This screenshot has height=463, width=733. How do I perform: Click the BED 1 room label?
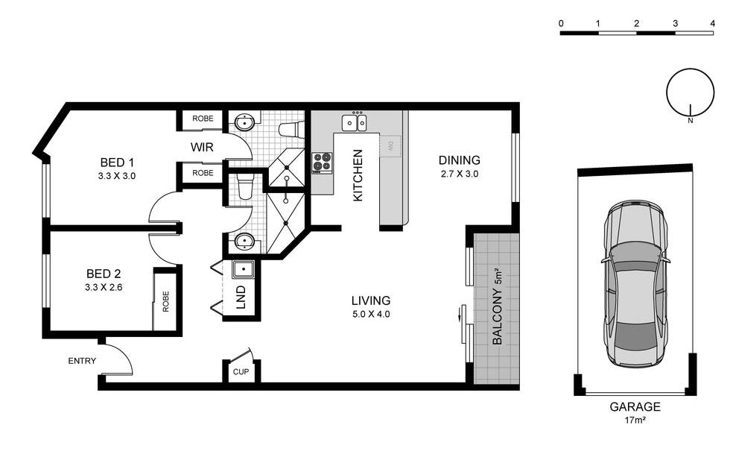(x=117, y=163)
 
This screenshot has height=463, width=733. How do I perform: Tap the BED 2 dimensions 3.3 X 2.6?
(x=104, y=288)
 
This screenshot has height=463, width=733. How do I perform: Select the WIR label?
(x=202, y=148)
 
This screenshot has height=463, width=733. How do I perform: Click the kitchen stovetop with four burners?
(x=322, y=163)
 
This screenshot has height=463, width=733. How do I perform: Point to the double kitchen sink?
(x=355, y=123)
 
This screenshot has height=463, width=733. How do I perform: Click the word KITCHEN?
(x=358, y=175)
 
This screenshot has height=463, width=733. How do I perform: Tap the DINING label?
(x=459, y=160)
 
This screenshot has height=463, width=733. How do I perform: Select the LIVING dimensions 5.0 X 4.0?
(x=371, y=315)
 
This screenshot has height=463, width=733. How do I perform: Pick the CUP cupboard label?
(x=241, y=372)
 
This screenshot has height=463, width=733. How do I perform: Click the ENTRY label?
(x=82, y=361)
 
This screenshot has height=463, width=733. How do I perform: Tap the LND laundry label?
(x=241, y=297)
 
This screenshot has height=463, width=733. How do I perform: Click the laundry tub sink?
(x=243, y=269)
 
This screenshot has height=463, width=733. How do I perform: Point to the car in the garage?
(x=635, y=284)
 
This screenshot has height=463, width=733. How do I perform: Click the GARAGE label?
(x=635, y=407)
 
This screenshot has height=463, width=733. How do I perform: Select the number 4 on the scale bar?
(x=712, y=23)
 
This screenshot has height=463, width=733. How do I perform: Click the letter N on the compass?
(x=691, y=121)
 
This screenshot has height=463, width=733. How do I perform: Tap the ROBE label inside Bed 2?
(x=165, y=302)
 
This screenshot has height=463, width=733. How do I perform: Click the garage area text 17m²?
(x=635, y=420)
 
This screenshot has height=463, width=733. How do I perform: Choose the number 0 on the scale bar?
(x=561, y=23)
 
